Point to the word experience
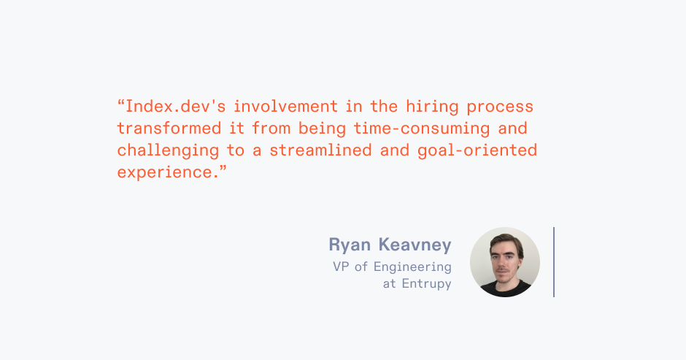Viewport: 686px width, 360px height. (x=165, y=173)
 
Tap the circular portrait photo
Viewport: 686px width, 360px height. (x=505, y=261)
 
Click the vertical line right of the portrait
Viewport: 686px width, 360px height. (x=554, y=261)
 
